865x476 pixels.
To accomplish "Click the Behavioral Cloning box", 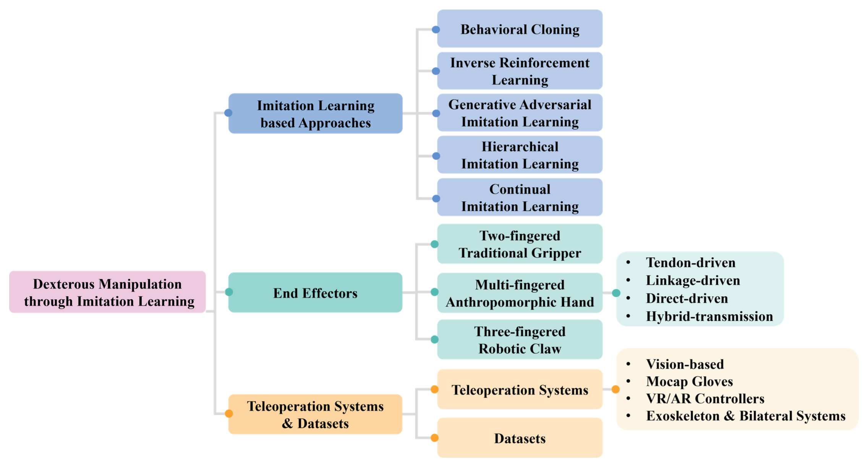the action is [520, 29].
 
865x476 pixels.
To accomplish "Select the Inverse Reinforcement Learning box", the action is [520, 71].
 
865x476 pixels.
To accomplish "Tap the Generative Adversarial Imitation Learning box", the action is [520, 113].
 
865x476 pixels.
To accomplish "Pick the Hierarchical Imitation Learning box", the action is [520, 155].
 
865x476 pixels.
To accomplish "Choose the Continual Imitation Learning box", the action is [520, 198].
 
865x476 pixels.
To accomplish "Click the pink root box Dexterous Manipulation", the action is [107, 292].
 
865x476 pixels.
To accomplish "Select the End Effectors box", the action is [315, 293].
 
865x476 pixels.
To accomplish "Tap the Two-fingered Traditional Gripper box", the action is [520, 244].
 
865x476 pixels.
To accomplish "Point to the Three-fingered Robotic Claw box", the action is [520, 340].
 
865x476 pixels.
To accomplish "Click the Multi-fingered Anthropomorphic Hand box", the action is [520, 293].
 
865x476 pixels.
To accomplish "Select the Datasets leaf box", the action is [520, 438].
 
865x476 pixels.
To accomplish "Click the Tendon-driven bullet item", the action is [690, 262].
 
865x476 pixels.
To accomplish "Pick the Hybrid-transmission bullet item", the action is [709, 316].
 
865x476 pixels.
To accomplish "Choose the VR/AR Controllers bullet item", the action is [705, 398].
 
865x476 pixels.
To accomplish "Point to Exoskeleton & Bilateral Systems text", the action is [745, 416].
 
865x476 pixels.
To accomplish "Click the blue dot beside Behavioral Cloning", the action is [436, 29].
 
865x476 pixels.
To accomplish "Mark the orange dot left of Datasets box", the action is [434, 438].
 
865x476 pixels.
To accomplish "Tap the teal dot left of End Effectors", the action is [229, 292].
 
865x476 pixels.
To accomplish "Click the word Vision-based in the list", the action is [685, 364].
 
